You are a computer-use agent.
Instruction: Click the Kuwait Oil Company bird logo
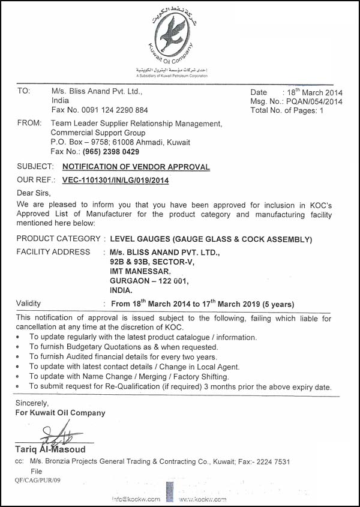[171, 35]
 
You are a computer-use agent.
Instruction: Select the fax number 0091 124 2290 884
[110, 110]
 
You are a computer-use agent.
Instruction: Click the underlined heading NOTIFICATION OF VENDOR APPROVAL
[136, 167]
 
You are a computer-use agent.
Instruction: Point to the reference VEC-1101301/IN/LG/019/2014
[116, 180]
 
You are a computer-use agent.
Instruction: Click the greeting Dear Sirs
[34, 193]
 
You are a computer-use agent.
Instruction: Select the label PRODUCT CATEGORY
[58, 239]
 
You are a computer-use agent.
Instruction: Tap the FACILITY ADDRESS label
[53, 252]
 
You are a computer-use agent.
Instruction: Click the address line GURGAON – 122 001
[149, 280]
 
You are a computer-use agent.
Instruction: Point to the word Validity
[29, 304]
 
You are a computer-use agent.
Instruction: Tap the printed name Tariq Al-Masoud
[50, 449]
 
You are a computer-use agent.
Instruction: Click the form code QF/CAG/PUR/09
[38, 480]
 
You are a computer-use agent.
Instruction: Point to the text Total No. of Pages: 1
[287, 110]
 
